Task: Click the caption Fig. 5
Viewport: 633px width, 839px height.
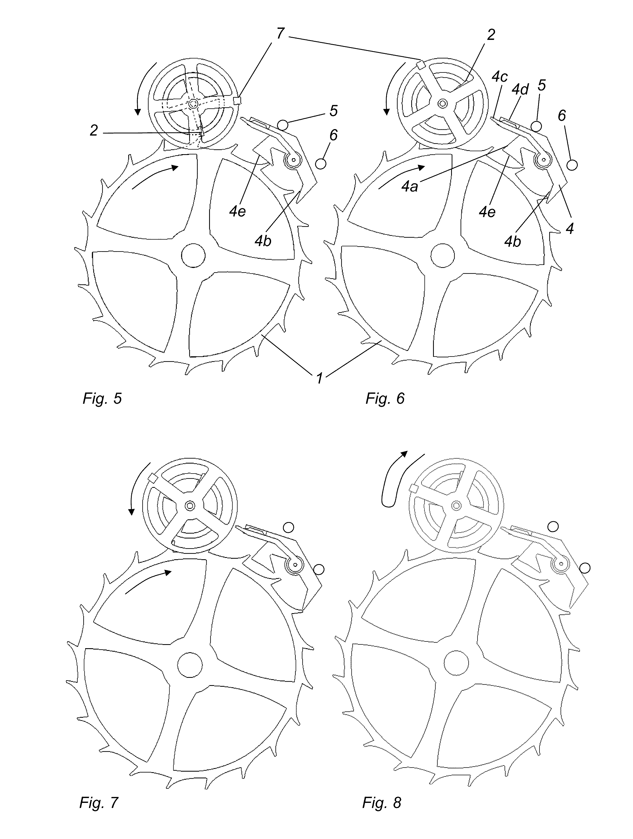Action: point(102,398)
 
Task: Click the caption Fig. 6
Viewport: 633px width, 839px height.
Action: point(385,398)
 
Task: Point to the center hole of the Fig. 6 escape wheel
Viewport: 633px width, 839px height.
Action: point(442,255)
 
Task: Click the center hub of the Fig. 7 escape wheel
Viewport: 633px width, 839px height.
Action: point(190,665)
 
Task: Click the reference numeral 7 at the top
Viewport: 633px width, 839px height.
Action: point(280,33)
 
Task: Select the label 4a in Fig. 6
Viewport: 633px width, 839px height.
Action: point(410,186)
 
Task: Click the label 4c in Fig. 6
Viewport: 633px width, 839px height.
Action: point(500,77)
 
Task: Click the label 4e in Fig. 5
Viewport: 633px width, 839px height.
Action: point(237,211)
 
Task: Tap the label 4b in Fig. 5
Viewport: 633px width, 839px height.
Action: point(263,240)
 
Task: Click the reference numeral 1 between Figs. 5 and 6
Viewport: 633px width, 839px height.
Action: point(319,378)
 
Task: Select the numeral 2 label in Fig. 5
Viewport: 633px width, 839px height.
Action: point(94,130)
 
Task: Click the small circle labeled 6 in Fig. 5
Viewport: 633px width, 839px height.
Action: point(321,164)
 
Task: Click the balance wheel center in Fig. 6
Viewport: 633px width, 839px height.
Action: point(442,103)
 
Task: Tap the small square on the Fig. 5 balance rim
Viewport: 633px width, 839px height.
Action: point(238,101)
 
